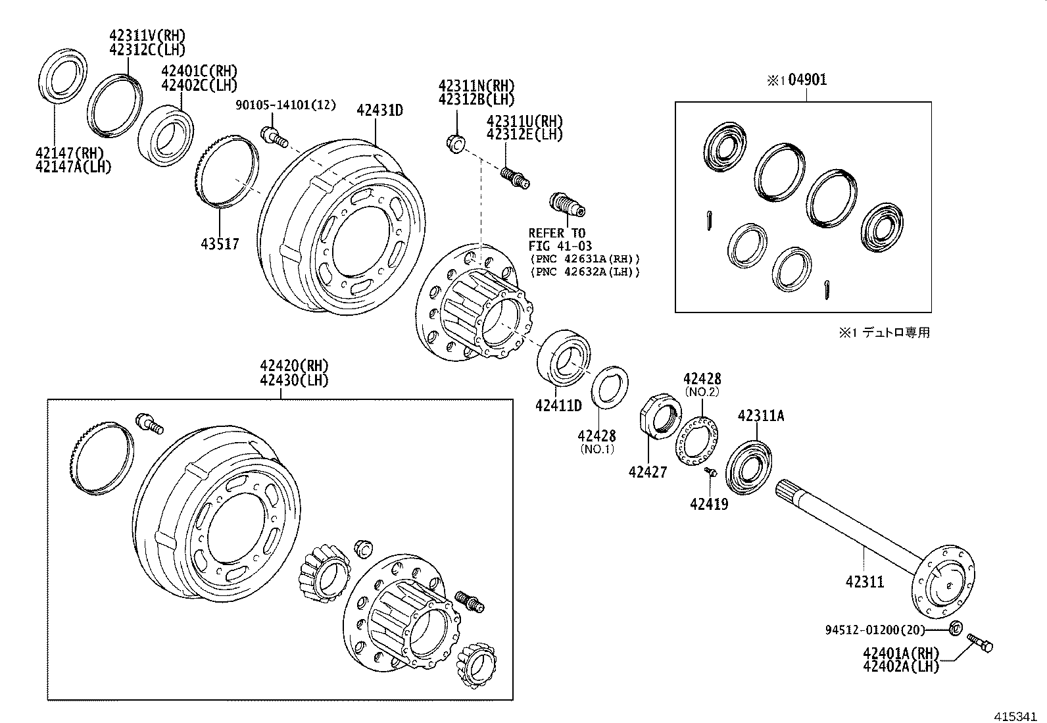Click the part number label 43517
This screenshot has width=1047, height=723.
pos(220,244)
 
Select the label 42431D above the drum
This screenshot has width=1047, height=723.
pos(379,110)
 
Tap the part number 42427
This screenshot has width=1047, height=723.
pos(647,472)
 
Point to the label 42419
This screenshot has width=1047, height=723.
pos(709,504)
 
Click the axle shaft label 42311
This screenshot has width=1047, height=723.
pos(865,582)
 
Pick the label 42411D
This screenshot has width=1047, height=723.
pos(558,405)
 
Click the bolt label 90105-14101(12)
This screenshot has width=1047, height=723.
pos(286,105)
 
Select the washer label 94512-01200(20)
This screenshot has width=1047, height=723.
pos(875,630)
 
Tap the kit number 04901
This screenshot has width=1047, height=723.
pos(807,80)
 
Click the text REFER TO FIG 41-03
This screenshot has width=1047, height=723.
pos(557,239)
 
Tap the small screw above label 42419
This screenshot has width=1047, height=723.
pos(711,472)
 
